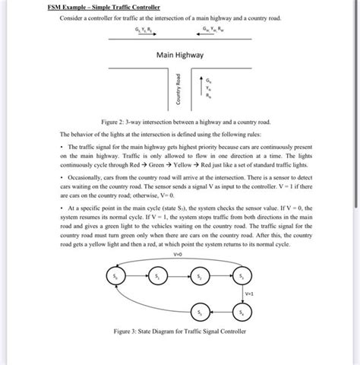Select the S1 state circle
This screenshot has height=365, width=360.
(157, 275)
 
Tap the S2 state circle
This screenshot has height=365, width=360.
(200, 275)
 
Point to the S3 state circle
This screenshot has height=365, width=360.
(242, 275)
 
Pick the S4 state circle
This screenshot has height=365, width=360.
(242, 311)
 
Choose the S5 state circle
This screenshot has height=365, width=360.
(200, 311)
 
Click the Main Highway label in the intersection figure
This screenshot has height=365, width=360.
(180, 55)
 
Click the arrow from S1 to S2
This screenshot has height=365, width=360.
(178, 275)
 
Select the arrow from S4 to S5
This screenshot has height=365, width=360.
(221, 311)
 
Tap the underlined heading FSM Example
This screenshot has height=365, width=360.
(83, 6)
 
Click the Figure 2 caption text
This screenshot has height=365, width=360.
(180, 121)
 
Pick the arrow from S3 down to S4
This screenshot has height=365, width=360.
(242, 293)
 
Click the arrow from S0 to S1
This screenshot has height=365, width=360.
(135, 275)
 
